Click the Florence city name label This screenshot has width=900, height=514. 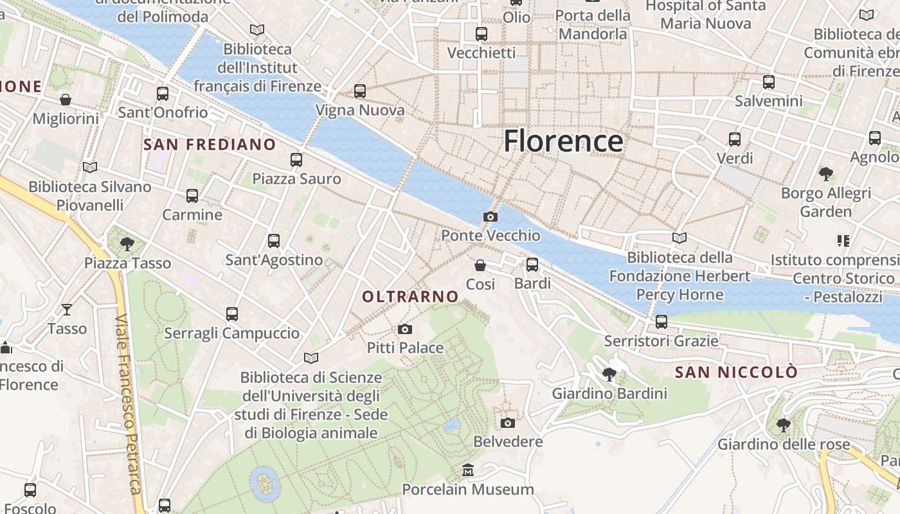point(563,141)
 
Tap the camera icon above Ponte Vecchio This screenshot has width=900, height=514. point(491,217)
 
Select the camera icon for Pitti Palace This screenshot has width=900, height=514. point(404,330)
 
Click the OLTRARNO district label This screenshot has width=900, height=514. point(410,296)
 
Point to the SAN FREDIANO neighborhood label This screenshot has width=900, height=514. point(210,144)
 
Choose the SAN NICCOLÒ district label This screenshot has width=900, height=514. point(736,372)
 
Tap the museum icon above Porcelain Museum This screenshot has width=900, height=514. point(468,471)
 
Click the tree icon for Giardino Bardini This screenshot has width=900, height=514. point(609,374)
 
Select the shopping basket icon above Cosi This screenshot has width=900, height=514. point(480,265)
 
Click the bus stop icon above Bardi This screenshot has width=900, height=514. point(532,265)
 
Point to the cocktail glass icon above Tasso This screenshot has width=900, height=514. point(67,310)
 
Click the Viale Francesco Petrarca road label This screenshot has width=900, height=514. point(128,405)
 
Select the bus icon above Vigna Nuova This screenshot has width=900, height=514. point(360,91)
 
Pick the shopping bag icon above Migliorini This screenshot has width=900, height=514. point(66,100)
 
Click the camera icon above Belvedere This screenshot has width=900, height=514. point(508,423)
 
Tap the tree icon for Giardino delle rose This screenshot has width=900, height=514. point(783,425)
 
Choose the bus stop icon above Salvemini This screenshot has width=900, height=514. point(769,82)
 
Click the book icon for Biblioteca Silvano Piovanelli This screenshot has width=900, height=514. point(90,168)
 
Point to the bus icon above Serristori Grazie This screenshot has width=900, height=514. point(661,322)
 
